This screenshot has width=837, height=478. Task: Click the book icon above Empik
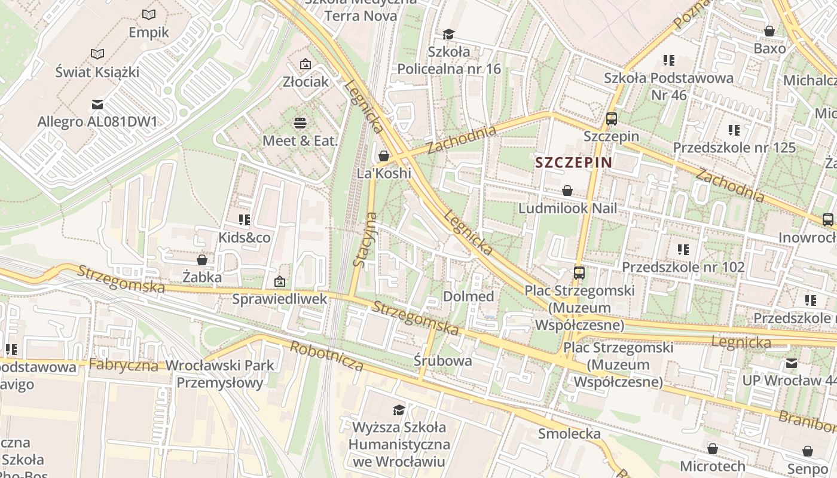coord(149,14)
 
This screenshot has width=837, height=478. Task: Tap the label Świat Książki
coord(97,72)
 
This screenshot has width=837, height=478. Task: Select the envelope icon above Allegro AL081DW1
coord(97,105)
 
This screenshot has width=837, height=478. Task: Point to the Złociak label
coord(306,82)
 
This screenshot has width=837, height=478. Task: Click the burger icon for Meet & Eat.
coord(300,123)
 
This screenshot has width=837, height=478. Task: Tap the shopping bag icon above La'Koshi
coord(384,156)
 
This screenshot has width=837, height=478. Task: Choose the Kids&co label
coord(244,238)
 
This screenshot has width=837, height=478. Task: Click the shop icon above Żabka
coord(202,260)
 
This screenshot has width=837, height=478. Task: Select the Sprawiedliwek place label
coord(280,298)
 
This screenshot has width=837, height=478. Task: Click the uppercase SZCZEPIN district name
coord(573,163)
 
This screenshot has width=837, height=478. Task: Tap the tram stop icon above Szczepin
coord(611,118)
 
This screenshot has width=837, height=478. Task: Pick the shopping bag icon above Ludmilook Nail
coord(567,191)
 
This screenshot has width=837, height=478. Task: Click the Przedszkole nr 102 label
coord(683,266)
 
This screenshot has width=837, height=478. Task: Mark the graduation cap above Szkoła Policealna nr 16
coord(448,34)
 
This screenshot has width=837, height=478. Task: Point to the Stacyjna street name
coord(365,239)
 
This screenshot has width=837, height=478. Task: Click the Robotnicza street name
coord(326,356)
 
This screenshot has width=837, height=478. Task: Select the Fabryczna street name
coord(123,365)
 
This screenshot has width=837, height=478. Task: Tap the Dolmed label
coord(468,296)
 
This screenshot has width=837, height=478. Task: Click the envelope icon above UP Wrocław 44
coord(792,363)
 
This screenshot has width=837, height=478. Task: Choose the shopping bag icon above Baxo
coord(769,31)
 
